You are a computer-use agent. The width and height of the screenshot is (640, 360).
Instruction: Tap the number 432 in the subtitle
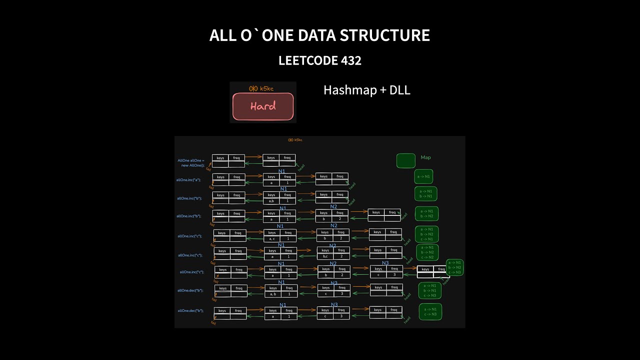[x=350, y=61]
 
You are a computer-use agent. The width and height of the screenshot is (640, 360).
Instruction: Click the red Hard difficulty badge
[x=263, y=106]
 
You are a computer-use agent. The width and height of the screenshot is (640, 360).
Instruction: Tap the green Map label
[x=425, y=157]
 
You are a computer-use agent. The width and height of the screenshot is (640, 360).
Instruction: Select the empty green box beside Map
[x=406, y=160]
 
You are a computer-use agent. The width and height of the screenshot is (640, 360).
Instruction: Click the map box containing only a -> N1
[x=424, y=177]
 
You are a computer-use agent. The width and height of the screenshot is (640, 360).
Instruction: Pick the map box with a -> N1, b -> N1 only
[x=426, y=193]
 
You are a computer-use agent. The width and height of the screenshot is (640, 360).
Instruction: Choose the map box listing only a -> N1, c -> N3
[x=430, y=312]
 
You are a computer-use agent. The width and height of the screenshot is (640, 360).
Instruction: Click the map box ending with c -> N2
[x=427, y=252]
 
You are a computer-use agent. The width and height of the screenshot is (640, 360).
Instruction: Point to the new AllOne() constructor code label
[x=191, y=163]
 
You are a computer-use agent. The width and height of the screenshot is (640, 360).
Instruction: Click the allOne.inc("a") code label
[x=188, y=180]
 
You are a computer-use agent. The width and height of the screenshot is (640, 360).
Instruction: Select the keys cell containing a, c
[x=272, y=239]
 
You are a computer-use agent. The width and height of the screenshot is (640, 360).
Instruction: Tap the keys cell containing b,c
[x=325, y=256]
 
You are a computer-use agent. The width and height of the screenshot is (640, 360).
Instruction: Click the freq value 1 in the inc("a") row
[x=287, y=183]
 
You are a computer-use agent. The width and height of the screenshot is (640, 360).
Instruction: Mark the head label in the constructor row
[x=301, y=167]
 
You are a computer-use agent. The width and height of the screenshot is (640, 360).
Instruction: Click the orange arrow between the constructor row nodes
[x=254, y=157]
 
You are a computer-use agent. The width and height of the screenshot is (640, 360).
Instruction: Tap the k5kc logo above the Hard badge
[x=263, y=88]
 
